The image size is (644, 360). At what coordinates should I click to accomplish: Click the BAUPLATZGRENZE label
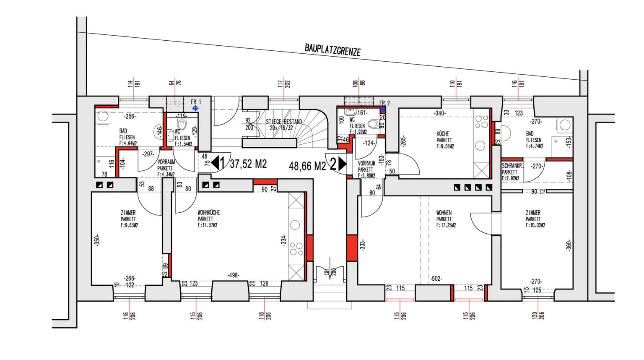point(332,50)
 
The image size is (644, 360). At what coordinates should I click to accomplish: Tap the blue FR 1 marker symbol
point(195,108)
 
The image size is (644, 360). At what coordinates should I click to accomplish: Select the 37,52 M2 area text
point(248,164)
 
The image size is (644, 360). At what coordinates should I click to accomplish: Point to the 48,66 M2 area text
point(307,166)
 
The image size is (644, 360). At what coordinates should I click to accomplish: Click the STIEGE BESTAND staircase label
point(284,122)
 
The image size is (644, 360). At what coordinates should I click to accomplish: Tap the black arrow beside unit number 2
point(342,164)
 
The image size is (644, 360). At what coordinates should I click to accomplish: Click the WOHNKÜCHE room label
point(209,213)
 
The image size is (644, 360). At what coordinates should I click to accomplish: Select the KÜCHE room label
point(443,134)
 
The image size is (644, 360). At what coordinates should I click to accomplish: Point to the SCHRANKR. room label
point(512,166)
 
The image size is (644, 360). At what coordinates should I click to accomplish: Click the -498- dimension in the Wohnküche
point(233,275)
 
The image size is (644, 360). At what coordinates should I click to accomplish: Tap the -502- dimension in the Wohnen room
point(436,278)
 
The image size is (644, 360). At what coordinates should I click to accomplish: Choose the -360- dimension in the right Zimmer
point(569,245)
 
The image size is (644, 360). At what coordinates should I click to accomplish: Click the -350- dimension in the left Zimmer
point(97,240)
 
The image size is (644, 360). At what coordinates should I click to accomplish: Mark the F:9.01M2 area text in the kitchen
point(445,146)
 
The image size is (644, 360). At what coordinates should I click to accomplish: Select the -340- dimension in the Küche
point(440,113)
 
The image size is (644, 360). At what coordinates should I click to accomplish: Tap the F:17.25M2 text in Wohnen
point(446,225)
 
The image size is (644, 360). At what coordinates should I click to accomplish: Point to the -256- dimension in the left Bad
point(129,116)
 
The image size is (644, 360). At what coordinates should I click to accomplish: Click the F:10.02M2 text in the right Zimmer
point(535,225)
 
